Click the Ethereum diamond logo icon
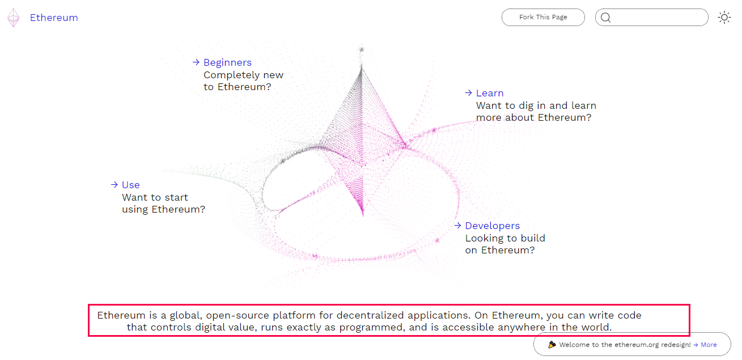point(13,18)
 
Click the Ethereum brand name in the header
point(54,18)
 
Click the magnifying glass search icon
point(605,18)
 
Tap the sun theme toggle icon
point(724,18)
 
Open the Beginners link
point(227,62)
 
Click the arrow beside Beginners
point(196,62)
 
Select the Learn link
point(490,93)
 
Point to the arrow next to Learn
point(468,93)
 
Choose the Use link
point(131,185)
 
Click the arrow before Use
point(115,185)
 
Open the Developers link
point(493,226)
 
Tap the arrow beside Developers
point(457,226)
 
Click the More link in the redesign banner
point(709,345)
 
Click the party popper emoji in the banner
point(552,345)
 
